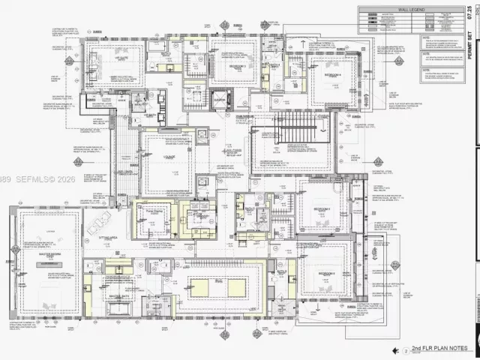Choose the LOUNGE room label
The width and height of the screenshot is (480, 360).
(166, 157)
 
